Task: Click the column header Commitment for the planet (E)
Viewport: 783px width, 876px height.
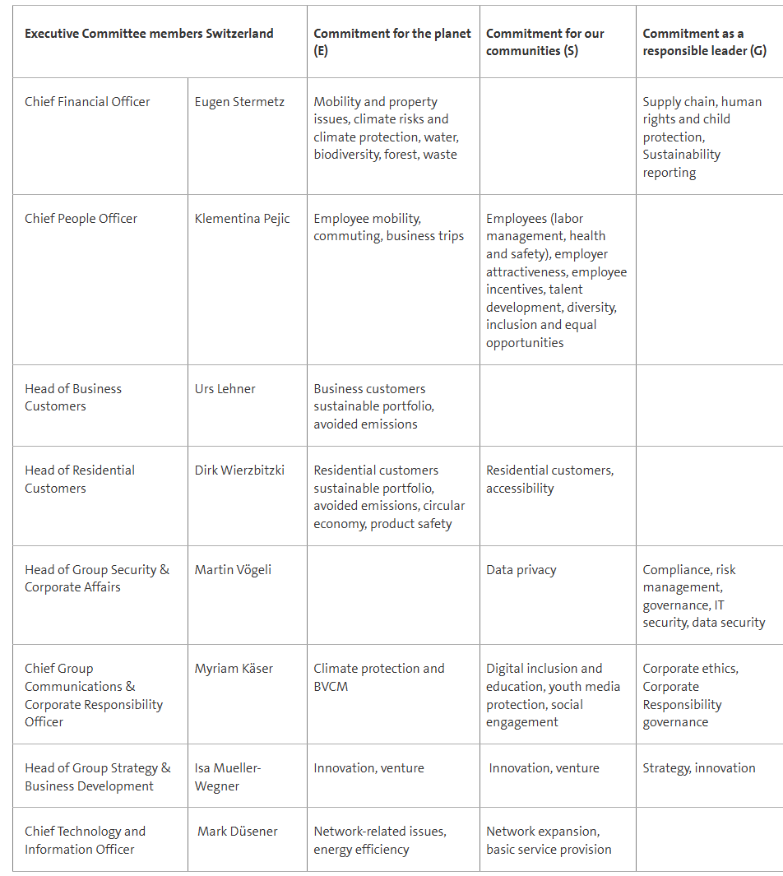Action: [x=392, y=42]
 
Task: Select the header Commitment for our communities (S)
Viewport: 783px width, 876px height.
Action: [x=545, y=42]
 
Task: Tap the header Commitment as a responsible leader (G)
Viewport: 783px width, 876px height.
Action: [x=704, y=42]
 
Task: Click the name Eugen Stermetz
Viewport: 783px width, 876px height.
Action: [x=239, y=102]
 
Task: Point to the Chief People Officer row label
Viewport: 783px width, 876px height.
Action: [x=81, y=219]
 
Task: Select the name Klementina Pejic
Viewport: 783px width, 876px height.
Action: [x=242, y=219]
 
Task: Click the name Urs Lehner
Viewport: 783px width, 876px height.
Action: [x=225, y=389]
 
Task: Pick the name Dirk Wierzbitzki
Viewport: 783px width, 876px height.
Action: [x=239, y=470]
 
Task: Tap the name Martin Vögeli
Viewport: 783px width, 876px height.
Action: [x=233, y=570]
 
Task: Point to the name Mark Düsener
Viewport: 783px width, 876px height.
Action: [x=238, y=832]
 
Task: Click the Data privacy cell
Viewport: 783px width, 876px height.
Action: [x=521, y=570]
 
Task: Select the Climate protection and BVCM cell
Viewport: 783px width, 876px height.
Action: [x=378, y=678]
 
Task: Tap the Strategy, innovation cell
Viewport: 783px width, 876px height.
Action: [x=698, y=768]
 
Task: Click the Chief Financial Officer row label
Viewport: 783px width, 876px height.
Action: [x=87, y=102]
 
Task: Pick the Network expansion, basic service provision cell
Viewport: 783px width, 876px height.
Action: [x=549, y=841]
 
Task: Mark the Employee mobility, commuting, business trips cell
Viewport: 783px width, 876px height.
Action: [x=388, y=228]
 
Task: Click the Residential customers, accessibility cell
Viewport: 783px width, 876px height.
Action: [x=549, y=480]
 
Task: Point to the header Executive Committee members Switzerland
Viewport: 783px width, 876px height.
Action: [x=149, y=34]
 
